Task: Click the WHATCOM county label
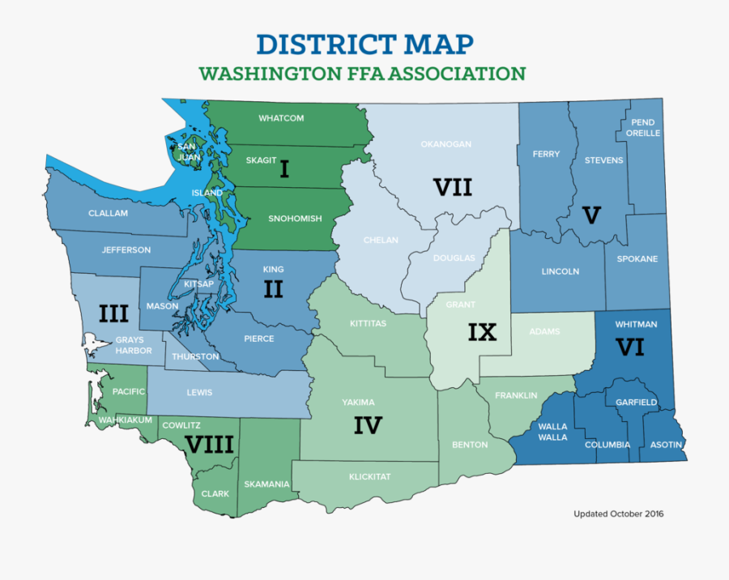coord(281,118)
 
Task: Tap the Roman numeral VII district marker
coord(452,188)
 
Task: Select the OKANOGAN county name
coord(446,144)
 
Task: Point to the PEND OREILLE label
coord(644,128)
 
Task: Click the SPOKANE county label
coord(637,259)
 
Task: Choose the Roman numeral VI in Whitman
coord(629,348)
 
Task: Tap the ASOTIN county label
coord(666,445)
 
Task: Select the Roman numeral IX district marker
coord(482,332)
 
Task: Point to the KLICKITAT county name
coord(369,477)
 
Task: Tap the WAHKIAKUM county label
coord(121,421)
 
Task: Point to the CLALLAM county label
coord(109,214)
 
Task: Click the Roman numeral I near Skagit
coord(284,169)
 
